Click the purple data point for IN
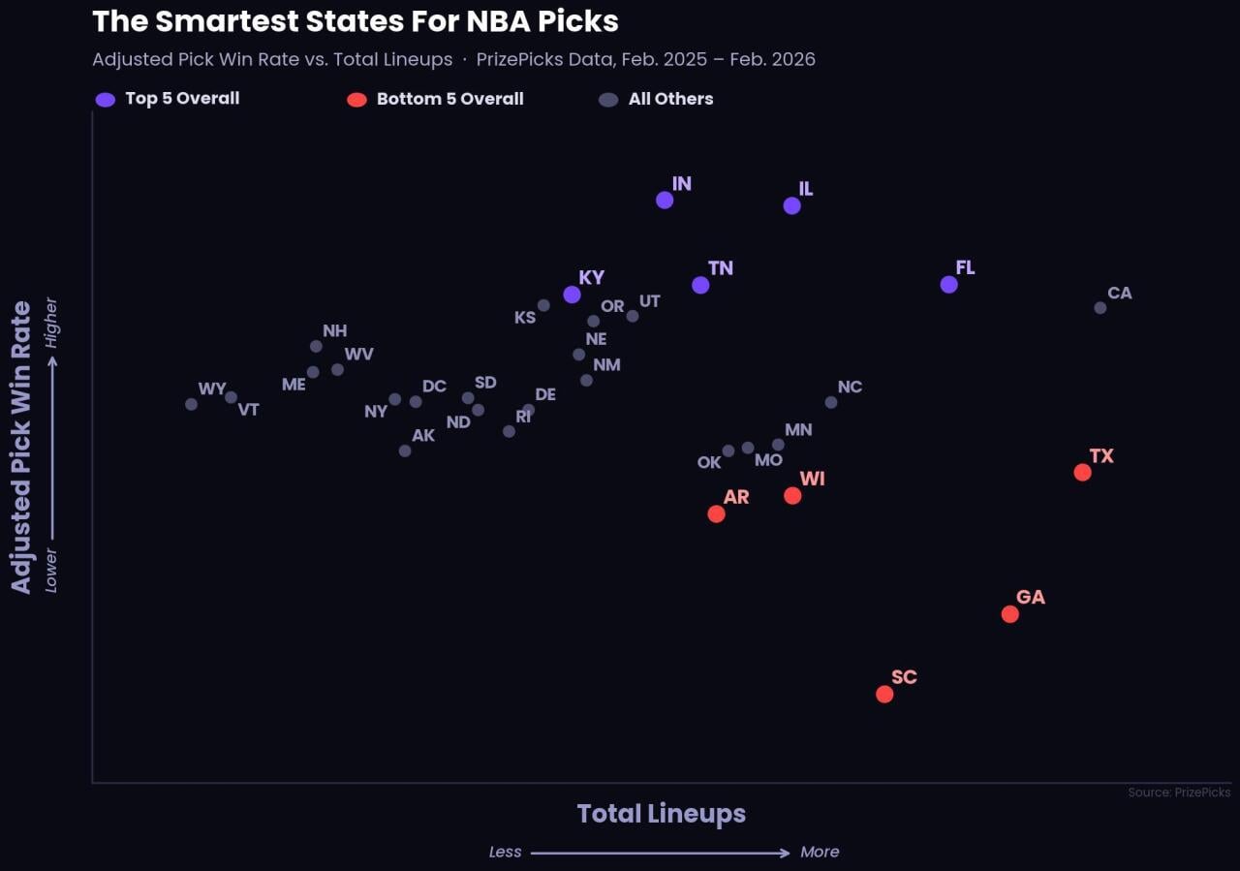tap(665, 201)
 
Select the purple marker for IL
tap(792, 205)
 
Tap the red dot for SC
tap(884, 694)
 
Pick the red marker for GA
tap(1010, 614)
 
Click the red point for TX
tap(1083, 473)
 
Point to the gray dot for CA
tap(1100, 308)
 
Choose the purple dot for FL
tap(949, 285)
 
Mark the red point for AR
tap(717, 514)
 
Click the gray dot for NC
tap(831, 402)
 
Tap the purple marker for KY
tap(573, 295)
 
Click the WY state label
tap(212, 389)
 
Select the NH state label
tap(335, 331)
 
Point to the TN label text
tap(721, 268)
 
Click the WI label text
tap(813, 480)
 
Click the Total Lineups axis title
tap(662, 814)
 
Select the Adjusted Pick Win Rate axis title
tap(21, 447)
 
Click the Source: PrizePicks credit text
tap(1179, 793)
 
